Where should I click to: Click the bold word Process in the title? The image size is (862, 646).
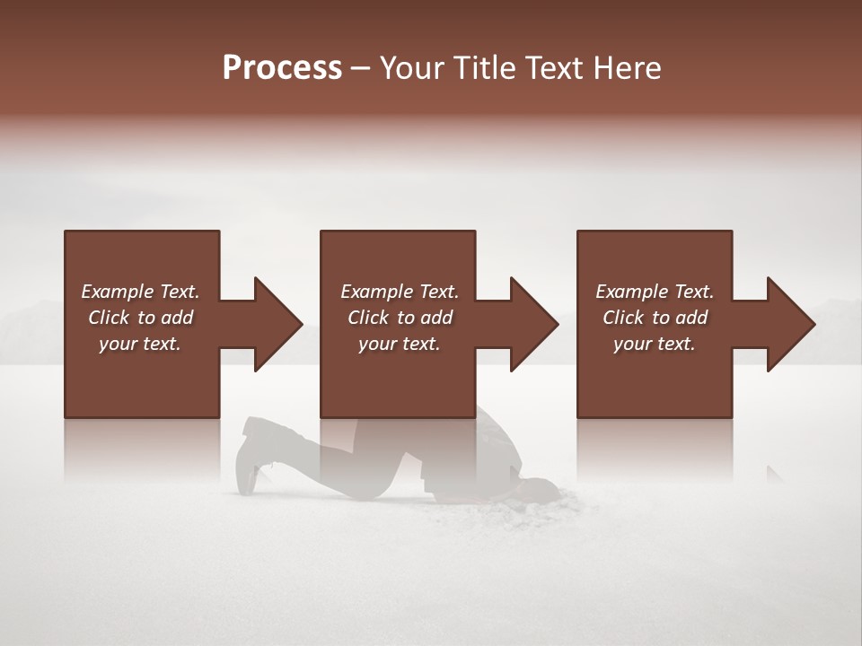(x=282, y=68)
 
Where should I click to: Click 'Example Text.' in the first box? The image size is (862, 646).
(x=140, y=292)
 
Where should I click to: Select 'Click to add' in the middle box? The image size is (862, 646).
(x=400, y=318)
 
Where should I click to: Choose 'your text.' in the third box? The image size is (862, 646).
(x=654, y=344)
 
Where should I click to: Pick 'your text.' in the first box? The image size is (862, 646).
(x=140, y=344)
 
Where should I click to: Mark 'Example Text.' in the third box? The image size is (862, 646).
(x=655, y=292)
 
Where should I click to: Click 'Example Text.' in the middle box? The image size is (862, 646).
(x=400, y=292)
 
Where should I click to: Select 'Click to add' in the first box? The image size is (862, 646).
(x=140, y=318)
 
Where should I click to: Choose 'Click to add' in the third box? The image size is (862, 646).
(x=655, y=318)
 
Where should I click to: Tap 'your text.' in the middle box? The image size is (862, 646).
(x=399, y=344)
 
